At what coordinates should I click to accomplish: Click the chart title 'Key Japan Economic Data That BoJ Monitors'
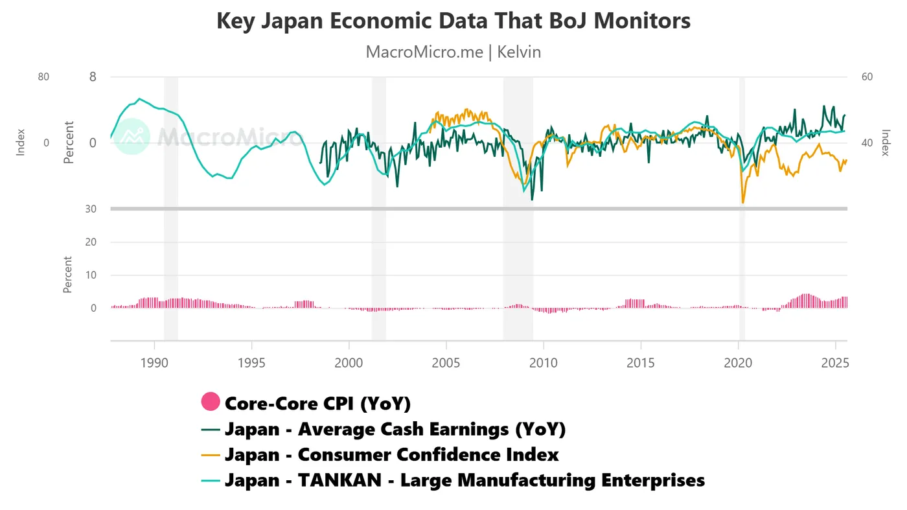[x=453, y=21]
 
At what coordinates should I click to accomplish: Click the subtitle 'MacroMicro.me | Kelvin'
[x=453, y=52]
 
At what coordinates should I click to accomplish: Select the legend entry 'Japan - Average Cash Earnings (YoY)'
[x=395, y=429]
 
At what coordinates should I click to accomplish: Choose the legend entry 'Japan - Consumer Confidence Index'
[x=391, y=454]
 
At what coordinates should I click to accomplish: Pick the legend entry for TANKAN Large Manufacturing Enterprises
[x=465, y=480]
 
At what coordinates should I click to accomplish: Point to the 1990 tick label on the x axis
[x=154, y=363]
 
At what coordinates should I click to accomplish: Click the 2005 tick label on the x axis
[x=446, y=363]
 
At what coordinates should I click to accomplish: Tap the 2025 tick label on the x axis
[x=836, y=363]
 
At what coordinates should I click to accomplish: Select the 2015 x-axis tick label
[x=641, y=363]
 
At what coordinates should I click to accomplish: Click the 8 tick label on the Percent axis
[x=93, y=76]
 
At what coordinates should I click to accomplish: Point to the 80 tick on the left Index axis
[x=43, y=76]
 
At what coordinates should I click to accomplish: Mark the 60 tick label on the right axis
[x=867, y=76]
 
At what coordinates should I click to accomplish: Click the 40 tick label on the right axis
[x=867, y=143]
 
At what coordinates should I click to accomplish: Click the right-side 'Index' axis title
[x=886, y=143]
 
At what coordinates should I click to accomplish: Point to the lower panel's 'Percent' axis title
[x=67, y=275]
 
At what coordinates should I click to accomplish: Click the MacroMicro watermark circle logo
[x=132, y=137]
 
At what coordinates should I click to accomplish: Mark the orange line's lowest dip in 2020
[x=743, y=203]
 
